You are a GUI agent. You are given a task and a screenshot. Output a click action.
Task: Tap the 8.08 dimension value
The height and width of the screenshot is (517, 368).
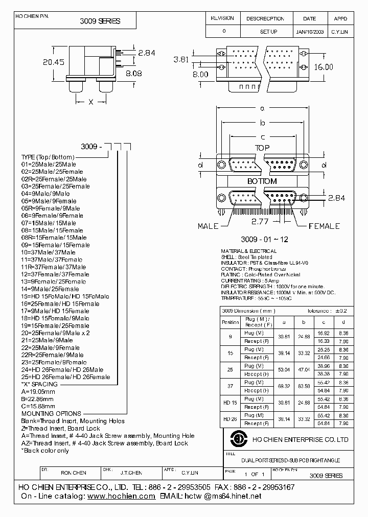coord(133,74)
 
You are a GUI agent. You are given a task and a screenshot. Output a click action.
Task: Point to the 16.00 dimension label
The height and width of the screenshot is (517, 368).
coord(323,67)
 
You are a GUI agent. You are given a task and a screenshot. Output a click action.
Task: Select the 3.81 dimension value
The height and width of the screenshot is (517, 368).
coord(181,59)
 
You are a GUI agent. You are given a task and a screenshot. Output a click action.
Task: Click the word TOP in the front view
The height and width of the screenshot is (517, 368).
coord(262,148)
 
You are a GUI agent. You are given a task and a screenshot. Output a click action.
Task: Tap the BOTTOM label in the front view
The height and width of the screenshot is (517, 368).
coord(262,181)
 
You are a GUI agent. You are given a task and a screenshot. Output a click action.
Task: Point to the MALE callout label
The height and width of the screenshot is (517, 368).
coord(209,226)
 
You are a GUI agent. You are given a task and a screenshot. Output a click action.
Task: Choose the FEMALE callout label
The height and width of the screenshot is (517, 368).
coord(324,226)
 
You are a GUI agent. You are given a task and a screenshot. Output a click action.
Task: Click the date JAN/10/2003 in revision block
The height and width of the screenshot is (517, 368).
coord(310,32)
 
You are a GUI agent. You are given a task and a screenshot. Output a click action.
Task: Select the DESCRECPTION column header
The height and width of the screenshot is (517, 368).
coord(265,18)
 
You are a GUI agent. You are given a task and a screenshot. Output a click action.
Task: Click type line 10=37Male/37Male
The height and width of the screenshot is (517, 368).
coord(49,252)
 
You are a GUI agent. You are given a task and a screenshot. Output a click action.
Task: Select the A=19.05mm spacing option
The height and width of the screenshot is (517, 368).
coord(39,391)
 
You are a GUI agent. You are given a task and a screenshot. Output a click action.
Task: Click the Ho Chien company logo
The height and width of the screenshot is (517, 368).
coord(237,439)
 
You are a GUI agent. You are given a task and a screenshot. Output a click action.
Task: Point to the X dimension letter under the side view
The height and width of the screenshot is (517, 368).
coord(91,102)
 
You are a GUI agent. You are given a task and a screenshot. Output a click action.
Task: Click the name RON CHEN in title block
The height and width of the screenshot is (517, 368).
coord(74,473)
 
